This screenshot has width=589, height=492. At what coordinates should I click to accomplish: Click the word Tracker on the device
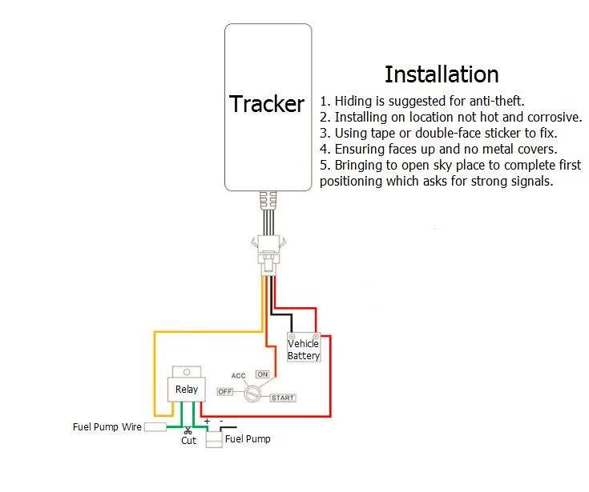coord(267,104)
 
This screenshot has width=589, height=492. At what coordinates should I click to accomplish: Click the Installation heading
coord(442,74)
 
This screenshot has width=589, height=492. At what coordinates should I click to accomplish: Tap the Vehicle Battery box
coord(304,350)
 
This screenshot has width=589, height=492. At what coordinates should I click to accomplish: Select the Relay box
coord(186,389)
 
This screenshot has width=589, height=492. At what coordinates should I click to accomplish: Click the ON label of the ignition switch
coord(262,374)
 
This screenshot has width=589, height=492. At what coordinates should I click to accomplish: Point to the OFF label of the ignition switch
coord(225,391)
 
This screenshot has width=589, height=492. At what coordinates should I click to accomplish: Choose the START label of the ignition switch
coord(282,398)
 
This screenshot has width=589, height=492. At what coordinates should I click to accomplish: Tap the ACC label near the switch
coord(238,375)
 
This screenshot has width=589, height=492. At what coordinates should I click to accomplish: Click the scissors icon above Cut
coord(188,431)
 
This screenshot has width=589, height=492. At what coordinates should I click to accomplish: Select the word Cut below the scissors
coord(188,441)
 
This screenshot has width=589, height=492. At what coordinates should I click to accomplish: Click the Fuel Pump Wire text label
coord(107,427)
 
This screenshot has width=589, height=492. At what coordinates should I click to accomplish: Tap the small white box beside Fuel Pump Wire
coord(155,427)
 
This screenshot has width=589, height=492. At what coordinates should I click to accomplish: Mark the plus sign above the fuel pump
coord(207,421)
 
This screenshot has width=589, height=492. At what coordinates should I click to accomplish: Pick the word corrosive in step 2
coord(551,117)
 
